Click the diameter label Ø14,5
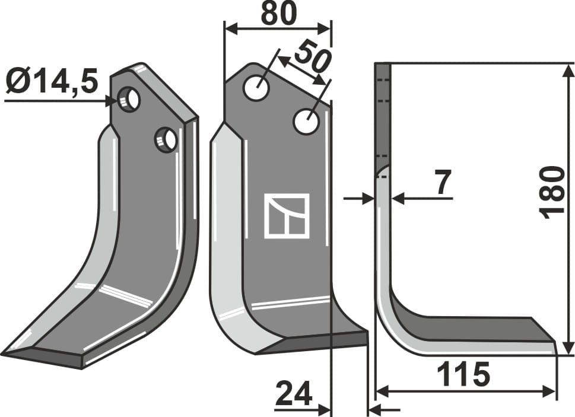(52, 81)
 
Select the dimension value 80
(278, 14)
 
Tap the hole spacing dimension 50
(312, 56)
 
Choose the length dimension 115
(463, 375)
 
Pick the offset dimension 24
(293, 393)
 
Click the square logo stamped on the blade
(287, 216)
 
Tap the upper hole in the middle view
(256, 88)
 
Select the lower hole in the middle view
(307, 122)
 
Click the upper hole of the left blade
(129, 98)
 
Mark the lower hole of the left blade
(166, 140)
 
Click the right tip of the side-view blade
(555, 343)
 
